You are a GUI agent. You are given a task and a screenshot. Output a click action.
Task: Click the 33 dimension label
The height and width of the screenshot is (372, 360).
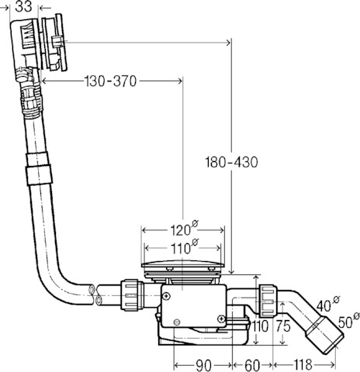point(23,7)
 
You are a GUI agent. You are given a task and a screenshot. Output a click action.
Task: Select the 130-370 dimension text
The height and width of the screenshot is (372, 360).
point(111,81)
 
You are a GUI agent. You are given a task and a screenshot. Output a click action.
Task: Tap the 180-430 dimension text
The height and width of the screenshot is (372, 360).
point(231,162)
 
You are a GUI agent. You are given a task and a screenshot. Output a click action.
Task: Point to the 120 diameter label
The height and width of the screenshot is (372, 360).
point(184,229)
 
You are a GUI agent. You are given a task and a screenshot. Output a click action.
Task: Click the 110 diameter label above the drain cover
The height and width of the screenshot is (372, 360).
point(184,246)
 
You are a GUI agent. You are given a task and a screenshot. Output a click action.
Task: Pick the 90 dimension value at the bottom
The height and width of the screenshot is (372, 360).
point(203,365)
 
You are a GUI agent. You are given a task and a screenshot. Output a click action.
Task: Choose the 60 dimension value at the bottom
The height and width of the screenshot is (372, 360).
point(252,365)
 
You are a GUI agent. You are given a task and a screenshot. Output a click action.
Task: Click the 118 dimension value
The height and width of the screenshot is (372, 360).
point(303,365)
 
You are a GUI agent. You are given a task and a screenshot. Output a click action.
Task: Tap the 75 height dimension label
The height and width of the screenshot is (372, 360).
point(283,326)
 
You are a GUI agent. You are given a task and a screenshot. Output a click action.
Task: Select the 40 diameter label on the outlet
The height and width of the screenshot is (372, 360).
point(328,305)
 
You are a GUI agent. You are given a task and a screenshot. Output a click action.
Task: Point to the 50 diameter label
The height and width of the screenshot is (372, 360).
point(348,320)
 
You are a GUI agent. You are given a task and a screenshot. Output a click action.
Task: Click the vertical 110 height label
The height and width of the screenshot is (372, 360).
point(260,326)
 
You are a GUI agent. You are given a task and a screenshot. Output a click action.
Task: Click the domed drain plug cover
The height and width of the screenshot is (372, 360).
point(182,264)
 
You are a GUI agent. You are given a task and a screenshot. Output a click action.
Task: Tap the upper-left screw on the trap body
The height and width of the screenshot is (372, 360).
point(167,296)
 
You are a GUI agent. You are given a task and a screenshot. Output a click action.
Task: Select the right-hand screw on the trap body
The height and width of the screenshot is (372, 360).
point(221,319)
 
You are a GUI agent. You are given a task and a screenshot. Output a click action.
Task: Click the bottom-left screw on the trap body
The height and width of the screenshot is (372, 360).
point(177,322)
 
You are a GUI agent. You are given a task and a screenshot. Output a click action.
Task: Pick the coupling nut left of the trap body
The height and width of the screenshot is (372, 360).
point(131,295)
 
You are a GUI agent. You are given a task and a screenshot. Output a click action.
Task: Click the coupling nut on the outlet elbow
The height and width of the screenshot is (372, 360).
point(268,301)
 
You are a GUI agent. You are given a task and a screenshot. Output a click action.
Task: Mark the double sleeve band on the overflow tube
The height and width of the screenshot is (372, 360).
point(38,169)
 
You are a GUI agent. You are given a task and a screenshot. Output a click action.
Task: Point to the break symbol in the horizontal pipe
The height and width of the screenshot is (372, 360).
point(95,295)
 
